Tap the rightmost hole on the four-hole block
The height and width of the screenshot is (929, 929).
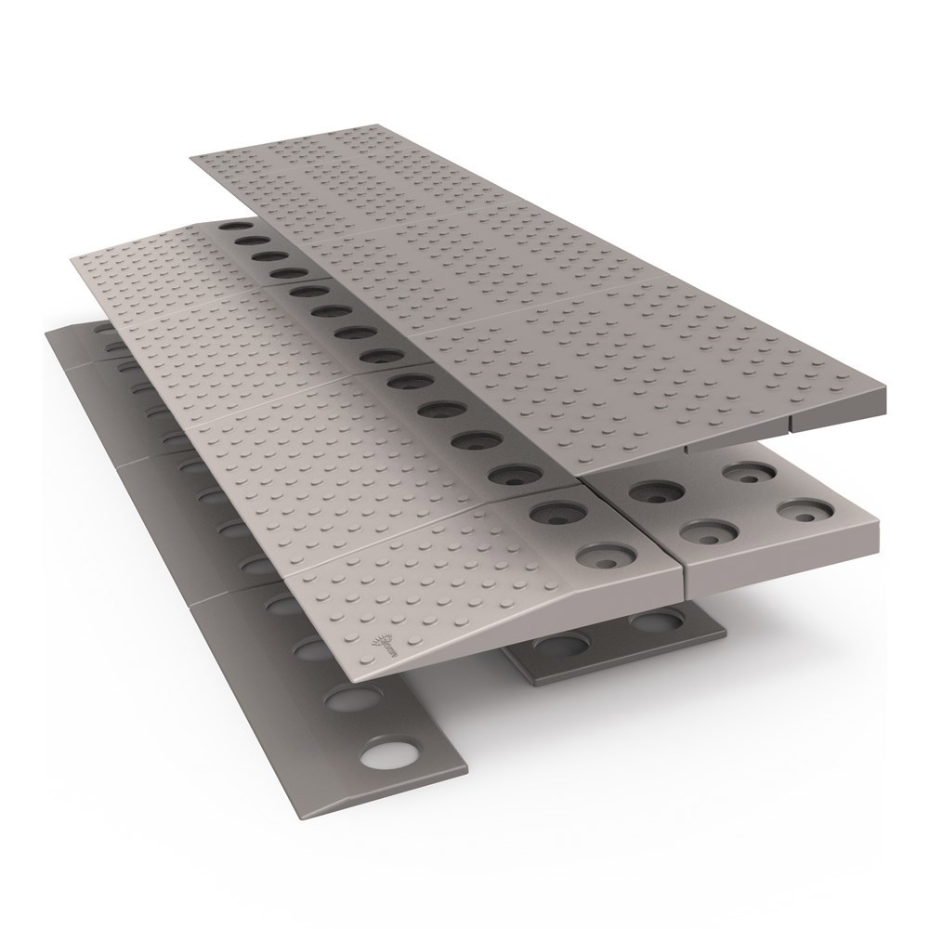pos(799,511)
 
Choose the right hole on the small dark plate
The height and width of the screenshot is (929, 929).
pos(648,620)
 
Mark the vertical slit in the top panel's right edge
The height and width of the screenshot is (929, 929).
pos(790,423)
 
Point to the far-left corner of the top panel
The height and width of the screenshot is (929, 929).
pos(191,158)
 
